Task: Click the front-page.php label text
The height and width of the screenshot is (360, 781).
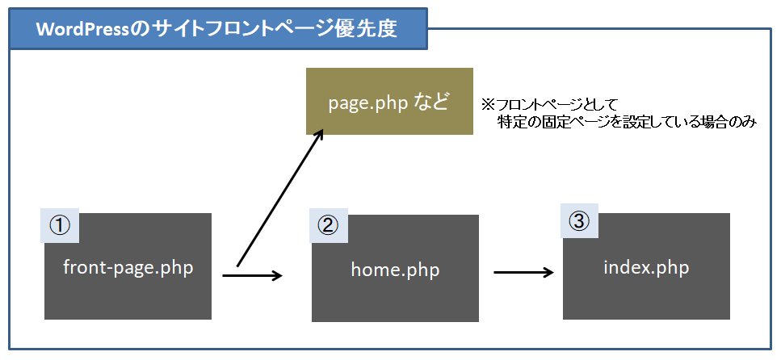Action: [128, 268]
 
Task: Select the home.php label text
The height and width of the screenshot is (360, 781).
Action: [396, 270]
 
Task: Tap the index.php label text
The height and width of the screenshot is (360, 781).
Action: [646, 268]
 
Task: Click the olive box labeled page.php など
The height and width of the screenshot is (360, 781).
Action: [389, 101]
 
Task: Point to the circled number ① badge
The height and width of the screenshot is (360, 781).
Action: [60, 225]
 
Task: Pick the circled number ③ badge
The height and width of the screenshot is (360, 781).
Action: [579, 222]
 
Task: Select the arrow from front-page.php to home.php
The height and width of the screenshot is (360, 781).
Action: [253, 275]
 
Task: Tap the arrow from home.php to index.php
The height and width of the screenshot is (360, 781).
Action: [524, 272]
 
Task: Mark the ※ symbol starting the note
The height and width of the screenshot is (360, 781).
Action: [487, 105]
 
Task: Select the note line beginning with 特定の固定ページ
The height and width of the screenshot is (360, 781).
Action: [627, 122]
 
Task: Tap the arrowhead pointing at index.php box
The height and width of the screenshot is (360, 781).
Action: [549, 272]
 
